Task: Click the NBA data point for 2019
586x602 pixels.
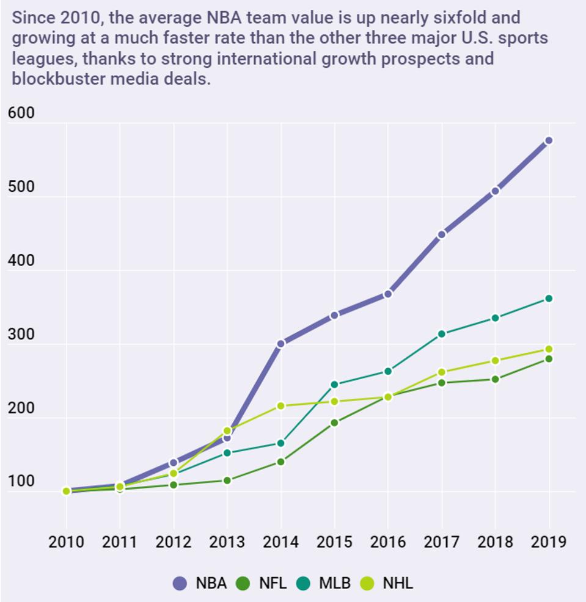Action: click(x=549, y=140)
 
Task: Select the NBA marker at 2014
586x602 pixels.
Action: click(x=281, y=344)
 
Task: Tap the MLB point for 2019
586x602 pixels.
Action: click(x=549, y=299)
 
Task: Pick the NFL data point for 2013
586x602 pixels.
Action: click(x=227, y=481)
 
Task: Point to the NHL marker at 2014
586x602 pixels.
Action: click(x=281, y=406)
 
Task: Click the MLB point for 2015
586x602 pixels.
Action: click(x=334, y=385)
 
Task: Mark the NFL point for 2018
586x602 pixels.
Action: click(x=495, y=379)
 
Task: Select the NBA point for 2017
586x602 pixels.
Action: click(x=442, y=234)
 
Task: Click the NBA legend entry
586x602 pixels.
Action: click(x=200, y=583)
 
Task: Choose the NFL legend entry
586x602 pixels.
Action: click(x=263, y=583)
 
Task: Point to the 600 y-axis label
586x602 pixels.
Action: click(x=21, y=114)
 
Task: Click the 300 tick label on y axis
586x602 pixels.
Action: click(x=21, y=335)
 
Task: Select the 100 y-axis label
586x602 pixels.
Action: click(x=21, y=482)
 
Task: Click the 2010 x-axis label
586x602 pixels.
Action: click(x=66, y=542)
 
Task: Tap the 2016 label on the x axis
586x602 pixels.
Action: click(x=388, y=542)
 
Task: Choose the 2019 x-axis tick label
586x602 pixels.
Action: click(x=549, y=542)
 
